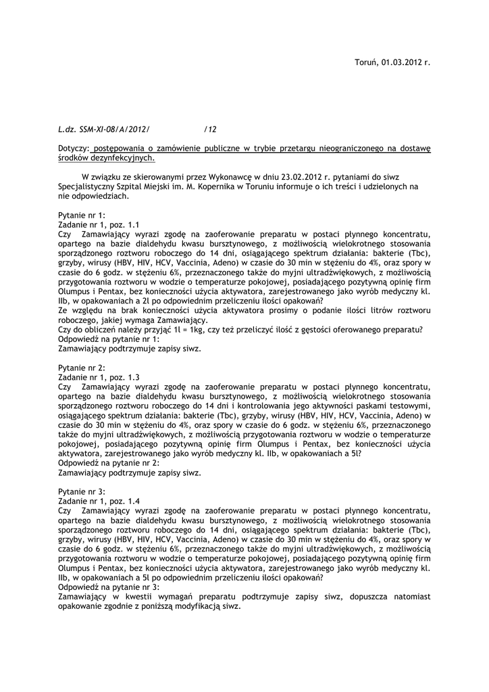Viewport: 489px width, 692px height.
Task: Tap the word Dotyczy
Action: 73,147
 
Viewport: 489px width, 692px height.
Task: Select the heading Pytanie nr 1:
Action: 82,215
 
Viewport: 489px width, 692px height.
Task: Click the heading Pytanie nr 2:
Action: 82,368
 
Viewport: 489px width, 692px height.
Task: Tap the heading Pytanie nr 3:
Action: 82,492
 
